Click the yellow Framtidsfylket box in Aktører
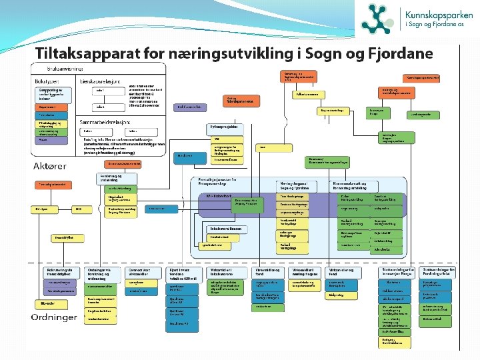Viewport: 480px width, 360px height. click(64, 237)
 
